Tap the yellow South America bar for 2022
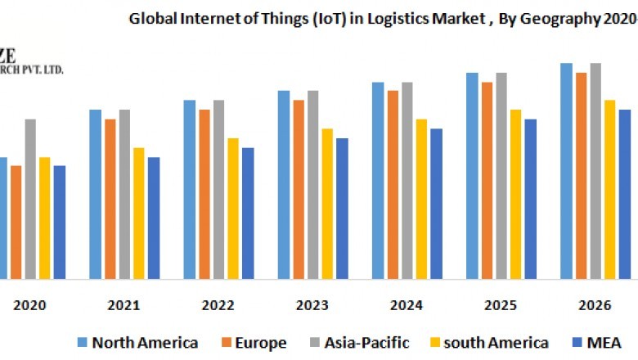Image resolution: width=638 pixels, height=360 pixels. (x=233, y=209)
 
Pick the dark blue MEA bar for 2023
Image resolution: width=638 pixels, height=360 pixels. (x=342, y=209)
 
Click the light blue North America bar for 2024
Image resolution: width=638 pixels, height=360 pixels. (x=378, y=180)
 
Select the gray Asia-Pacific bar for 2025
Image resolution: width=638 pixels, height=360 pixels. (x=501, y=176)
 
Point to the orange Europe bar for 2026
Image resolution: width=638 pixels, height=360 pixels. (x=581, y=176)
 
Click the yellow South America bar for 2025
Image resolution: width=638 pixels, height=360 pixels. (x=515, y=194)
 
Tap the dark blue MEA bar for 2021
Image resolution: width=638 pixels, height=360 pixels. (x=154, y=218)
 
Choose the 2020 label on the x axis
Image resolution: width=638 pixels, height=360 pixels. (x=30, y=305)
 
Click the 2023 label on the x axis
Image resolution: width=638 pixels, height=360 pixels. (x=312, y=305)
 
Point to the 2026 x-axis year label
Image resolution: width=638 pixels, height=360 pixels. (x=595, y=305)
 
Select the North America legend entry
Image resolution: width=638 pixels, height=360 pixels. (x=137, y=342)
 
